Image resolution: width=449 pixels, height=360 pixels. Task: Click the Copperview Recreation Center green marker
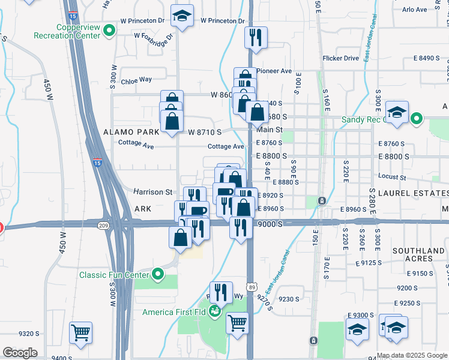click(x=109, y=31)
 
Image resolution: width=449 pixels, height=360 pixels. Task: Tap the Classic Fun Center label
click(x=113, y=275)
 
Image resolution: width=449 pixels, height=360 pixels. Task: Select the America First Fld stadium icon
click(x=213, y=313)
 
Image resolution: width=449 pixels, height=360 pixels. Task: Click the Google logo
click(x=20, y=353)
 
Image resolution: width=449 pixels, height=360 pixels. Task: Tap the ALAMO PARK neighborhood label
click(x=131, y=131)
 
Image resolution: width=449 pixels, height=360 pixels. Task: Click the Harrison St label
click(x=152, y=192)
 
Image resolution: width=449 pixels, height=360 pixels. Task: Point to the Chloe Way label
click(x=136, y=79)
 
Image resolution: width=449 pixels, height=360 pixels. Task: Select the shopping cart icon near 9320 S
click(x=80, y=332)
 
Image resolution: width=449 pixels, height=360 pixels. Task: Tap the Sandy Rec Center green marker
click(x=418, y=119)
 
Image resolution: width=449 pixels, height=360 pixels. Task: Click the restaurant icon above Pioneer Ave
click(x=256, y=37)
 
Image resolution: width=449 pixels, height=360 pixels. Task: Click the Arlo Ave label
click(x=414, y=10)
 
